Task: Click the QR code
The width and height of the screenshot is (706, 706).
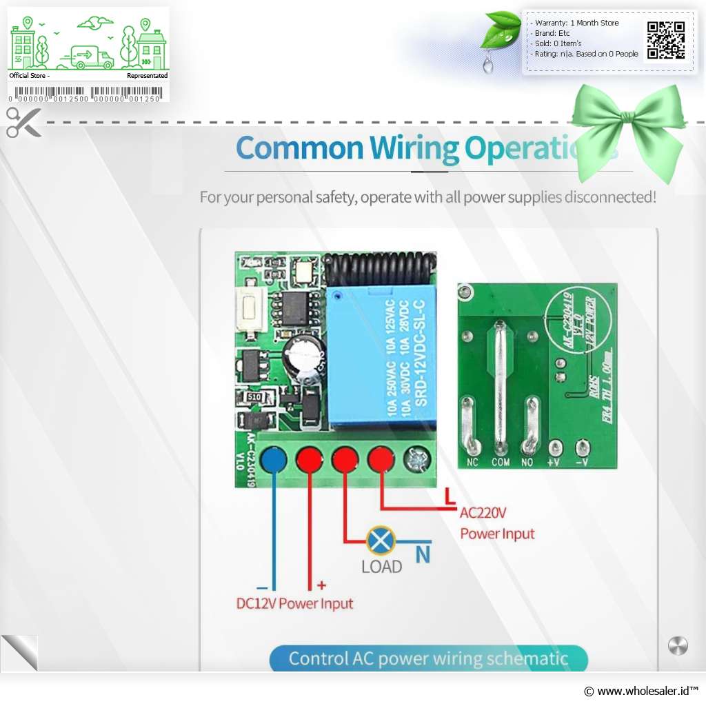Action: click(x=666, y=40)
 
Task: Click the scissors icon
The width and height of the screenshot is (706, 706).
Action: click(x=23, y=122)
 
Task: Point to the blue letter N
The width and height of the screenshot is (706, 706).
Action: click(x=423, y=554)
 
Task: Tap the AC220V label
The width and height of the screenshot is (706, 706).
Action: click(x=483, y=513)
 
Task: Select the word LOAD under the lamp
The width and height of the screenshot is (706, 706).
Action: click(x=381, y=567)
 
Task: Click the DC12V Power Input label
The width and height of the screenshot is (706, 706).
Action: click(x=294, y=604)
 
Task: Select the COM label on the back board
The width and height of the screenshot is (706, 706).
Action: click(x=501, y=463)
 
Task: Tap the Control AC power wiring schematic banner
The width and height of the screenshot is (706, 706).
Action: click(x=428, y=658)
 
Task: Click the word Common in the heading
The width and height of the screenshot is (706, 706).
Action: click(x=299, y=148)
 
